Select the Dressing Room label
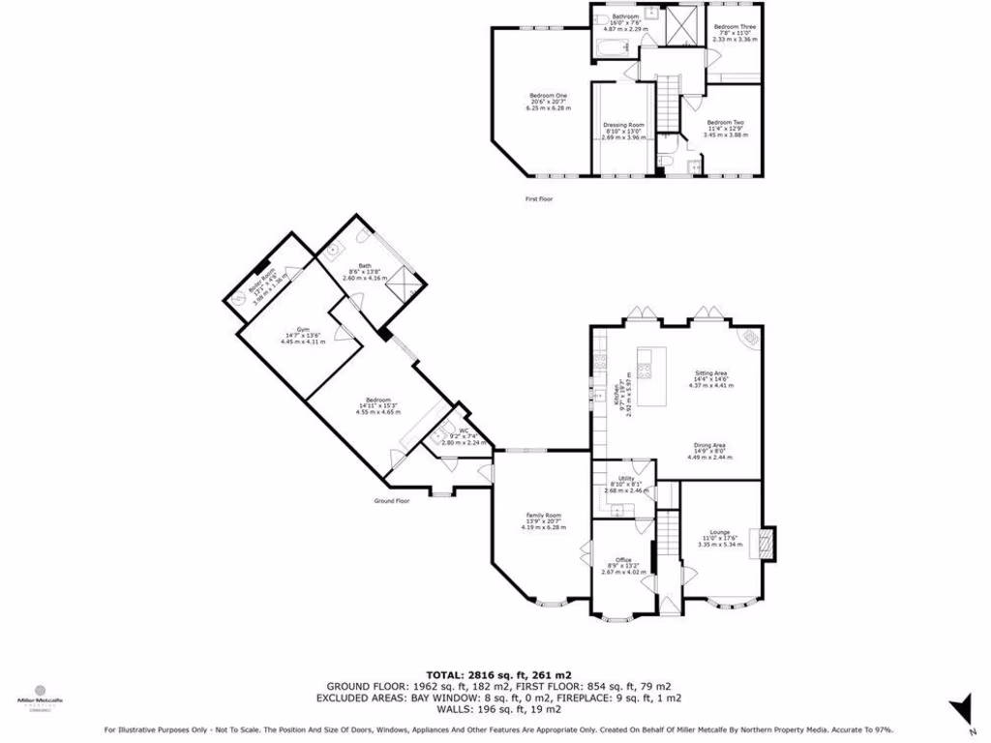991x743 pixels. [623, 125]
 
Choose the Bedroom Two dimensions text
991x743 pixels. [725, 134]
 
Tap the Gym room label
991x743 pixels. [301, 328]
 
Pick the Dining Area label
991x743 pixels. [711, 445]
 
